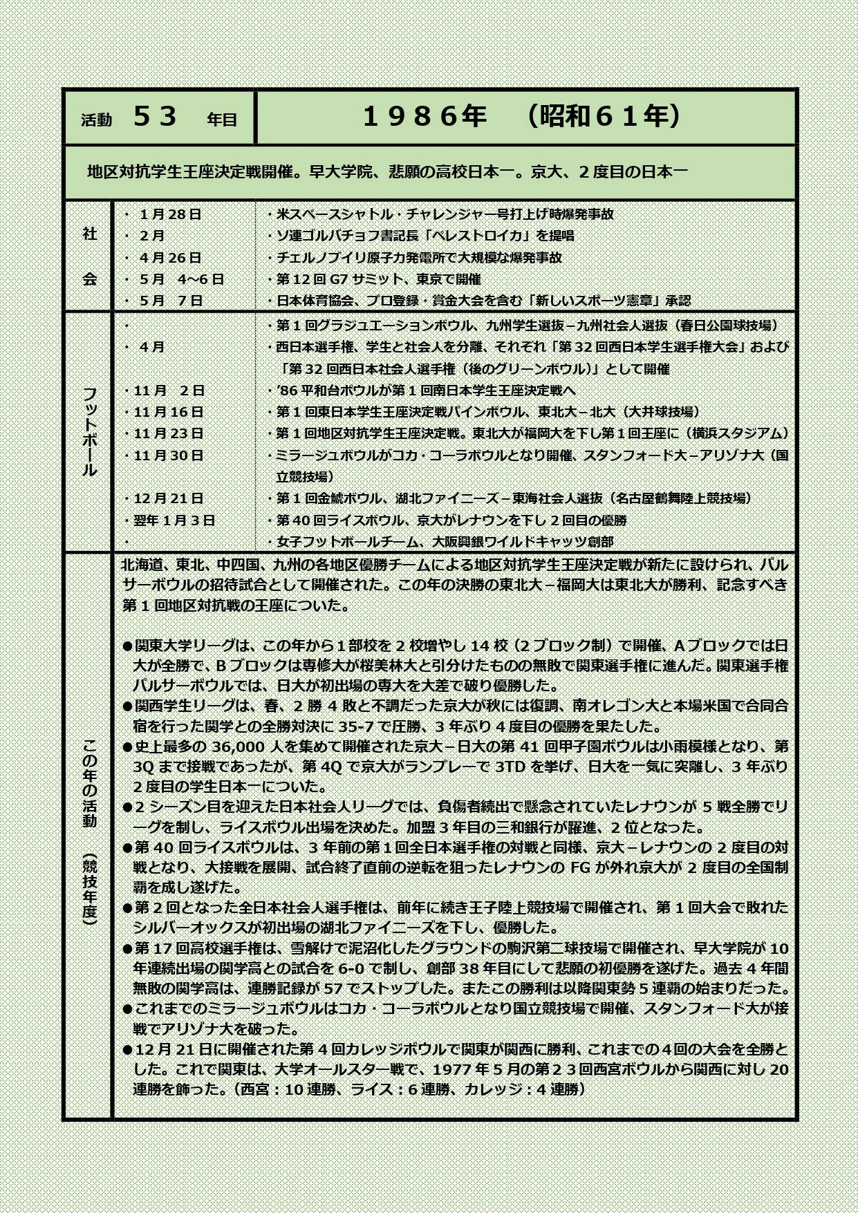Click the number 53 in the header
tap(156, 117)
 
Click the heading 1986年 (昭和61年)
tap(523, 117)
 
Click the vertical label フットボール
tap(90, 431)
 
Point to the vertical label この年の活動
tap(90, 782)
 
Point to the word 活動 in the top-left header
tap(96, 120)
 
